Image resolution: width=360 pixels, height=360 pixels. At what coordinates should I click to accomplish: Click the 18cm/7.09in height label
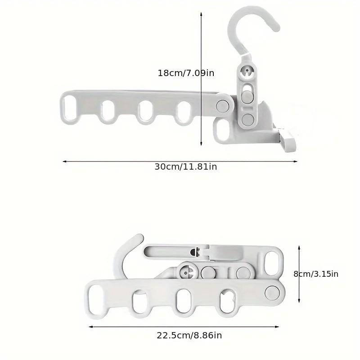coord(186,72)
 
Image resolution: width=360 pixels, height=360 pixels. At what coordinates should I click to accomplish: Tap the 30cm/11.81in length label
coord(186,166)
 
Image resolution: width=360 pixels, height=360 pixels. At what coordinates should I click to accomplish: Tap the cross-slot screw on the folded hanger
coord(188,272)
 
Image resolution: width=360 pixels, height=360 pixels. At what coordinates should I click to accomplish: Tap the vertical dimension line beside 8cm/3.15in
coord(299,274)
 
